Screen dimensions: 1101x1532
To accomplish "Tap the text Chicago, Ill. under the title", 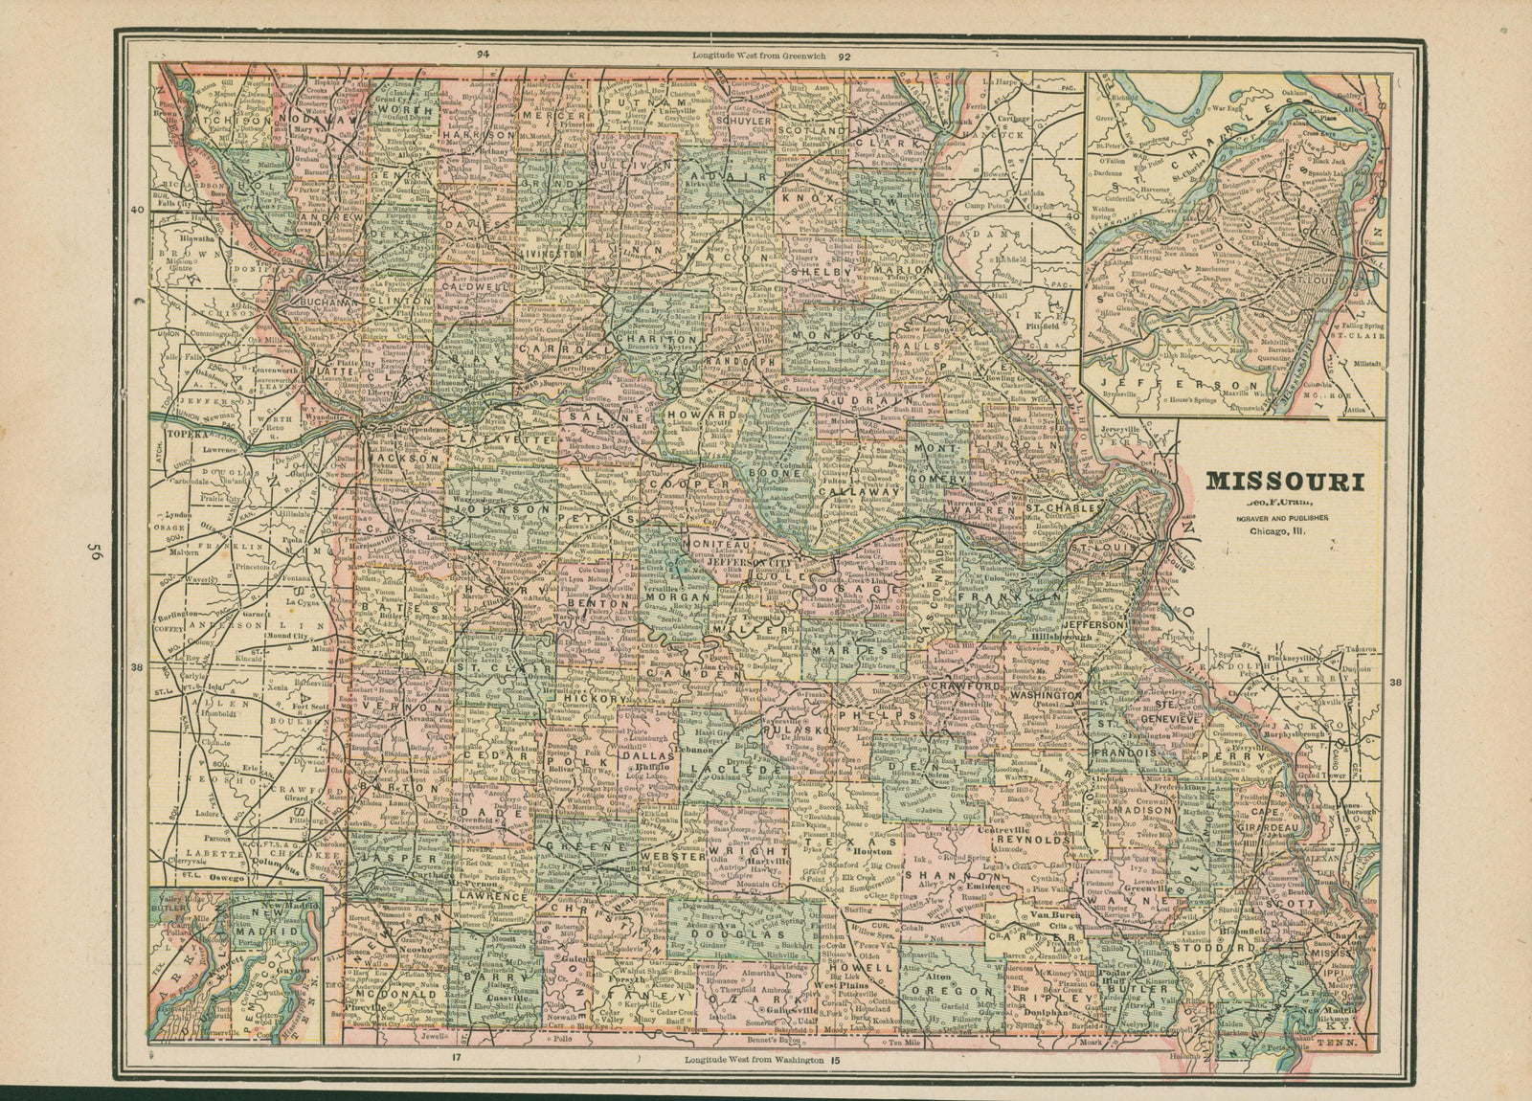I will (x=1277, y=532).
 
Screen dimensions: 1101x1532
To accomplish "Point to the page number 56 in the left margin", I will (x=94, y=552).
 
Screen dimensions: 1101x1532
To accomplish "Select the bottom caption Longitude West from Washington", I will (x=755, y=1061).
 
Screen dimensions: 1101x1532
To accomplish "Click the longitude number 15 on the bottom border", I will (x=833, y=1061).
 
